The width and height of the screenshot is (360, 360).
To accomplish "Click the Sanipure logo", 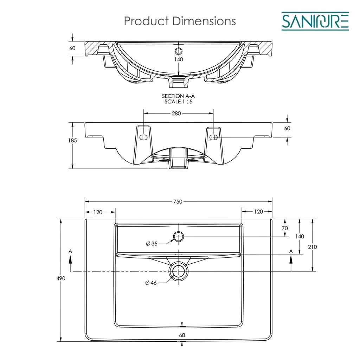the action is pyautogui.click(x=315, y=21).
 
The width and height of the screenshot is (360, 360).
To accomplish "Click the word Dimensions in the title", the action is pyautogui.click(x=204, y=21).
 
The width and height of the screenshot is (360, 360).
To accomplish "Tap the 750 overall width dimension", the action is pyautogui.click(x=178, y=201).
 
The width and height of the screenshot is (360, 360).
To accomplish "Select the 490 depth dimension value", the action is pyautogui.click(x=61, y=278).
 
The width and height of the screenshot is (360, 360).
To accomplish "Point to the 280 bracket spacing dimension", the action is pyautogui.click(x=176, y=114).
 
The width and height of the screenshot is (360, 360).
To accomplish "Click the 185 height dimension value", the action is pyautogui.click(x=72, y=141).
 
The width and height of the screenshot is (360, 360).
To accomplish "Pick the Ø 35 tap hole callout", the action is pyautogui.click(x=152, y=244).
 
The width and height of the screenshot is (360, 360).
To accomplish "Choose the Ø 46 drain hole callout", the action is pyautogui.click(x=151, y=283).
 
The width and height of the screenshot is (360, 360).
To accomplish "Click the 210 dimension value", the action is pyautogui.click(x=312, y=247).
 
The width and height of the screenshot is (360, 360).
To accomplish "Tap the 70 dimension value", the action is pyautogui.click(x=285, y=228).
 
